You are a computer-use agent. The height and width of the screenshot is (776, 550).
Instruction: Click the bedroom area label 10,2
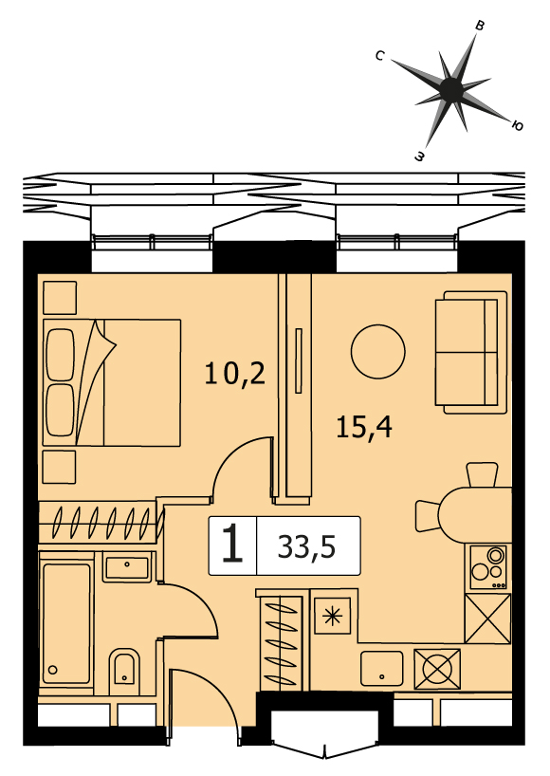point(235,373)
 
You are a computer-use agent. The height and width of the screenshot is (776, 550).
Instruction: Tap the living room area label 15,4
point(364,427)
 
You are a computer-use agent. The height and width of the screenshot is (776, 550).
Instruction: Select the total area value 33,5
point(306,546)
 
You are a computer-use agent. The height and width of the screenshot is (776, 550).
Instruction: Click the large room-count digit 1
point(232,545)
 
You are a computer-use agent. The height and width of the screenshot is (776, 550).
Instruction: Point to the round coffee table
point(377,352)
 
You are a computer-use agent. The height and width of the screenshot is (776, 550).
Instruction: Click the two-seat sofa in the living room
point(471,352)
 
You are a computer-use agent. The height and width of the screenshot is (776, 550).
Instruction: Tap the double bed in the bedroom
point(112,382)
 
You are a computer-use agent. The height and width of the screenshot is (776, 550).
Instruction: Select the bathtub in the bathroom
point(66,623)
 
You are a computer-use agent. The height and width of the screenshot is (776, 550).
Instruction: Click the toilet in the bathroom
point(123,667)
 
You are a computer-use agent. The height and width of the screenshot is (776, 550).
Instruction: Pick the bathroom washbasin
point(127,567)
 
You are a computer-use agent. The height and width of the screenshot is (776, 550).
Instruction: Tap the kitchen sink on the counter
point(382,668)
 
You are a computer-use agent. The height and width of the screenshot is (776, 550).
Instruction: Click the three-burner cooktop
point(488,567)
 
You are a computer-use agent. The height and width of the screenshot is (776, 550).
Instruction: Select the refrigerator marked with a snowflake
point(333,616)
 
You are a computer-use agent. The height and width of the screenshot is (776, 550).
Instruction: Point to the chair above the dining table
point(483,474)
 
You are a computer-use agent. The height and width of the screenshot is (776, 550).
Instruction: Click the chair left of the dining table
point(428,516)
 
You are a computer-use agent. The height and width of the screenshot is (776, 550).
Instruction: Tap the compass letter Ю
point(517,126)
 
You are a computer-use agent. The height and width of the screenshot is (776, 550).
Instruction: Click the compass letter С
point(380,55)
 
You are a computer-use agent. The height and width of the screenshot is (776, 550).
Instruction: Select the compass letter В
point(479,26)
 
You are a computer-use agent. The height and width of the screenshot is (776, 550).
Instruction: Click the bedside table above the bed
point(60,298)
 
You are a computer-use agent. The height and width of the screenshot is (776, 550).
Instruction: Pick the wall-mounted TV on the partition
point(299,360)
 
